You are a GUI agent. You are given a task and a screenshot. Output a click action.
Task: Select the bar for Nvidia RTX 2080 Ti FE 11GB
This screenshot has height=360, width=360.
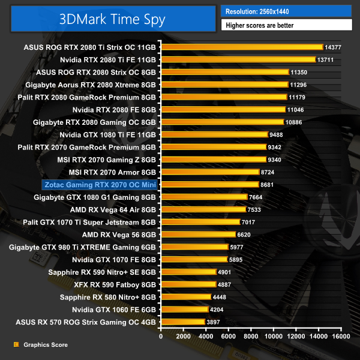click(x=238, y=59)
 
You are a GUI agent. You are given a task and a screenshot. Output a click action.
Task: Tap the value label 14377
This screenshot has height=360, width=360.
click(x=332, y=47)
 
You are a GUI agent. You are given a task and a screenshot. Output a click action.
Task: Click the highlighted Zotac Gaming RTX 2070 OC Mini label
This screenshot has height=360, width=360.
click(x=100, y=184)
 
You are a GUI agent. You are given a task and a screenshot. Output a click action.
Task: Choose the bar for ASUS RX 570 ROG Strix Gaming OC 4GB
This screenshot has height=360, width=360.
click(x=183, y=322)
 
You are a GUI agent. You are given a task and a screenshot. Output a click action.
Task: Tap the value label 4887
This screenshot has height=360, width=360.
click(x=224, y=284)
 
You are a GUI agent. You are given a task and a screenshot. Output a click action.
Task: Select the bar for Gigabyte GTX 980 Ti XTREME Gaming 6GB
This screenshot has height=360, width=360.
click(x=194, y=247)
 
